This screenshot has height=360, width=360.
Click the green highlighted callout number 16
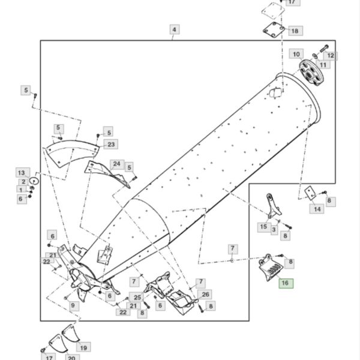point(286,283)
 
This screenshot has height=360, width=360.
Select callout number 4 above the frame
point(175,29)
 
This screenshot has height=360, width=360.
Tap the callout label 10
point(296,54)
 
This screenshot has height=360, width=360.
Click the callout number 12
point(331,56)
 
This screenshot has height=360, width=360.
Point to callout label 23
point(111,145)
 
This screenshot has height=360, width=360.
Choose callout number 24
point(117,164)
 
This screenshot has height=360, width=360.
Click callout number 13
point(22,173)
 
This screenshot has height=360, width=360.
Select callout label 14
point(317,209)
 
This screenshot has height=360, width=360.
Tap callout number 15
point(263,227)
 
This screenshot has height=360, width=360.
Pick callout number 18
point(295,31)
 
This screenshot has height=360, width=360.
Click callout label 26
point(205,295)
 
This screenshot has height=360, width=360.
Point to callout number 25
point(137,298)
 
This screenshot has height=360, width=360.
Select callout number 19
point(83,348)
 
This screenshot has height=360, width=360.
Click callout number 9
point(73,305)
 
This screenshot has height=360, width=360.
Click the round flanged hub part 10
point(311,73)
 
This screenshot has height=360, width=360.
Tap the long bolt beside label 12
point(324,49)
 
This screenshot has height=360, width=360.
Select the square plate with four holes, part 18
point(274,30)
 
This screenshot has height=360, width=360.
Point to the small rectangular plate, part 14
point(310,193)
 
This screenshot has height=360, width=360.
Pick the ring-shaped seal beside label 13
point(34,181)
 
